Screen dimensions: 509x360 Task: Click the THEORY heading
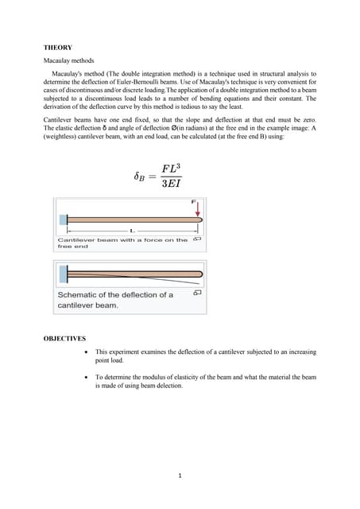pos(58,48)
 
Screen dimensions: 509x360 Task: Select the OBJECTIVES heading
pos(64,339)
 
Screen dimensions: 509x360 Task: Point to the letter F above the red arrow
pos(194,202)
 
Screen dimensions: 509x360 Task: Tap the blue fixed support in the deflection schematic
pos(62,274)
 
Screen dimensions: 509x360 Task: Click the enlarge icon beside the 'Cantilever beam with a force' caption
pos(197,239)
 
